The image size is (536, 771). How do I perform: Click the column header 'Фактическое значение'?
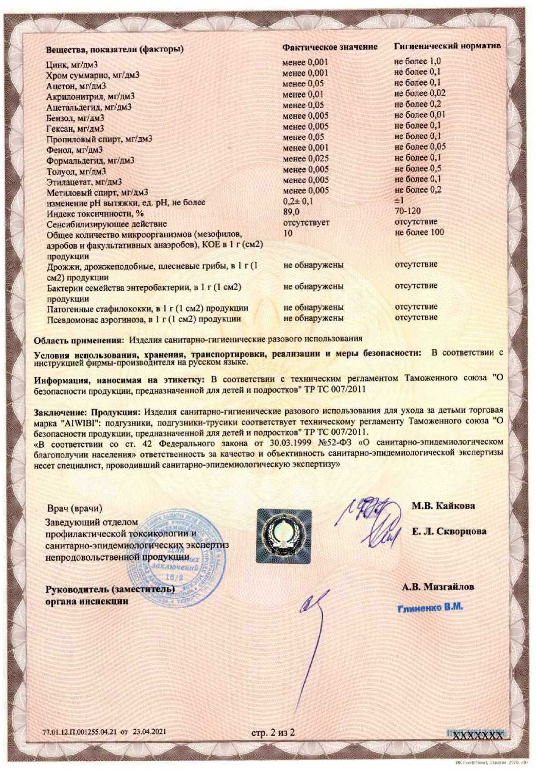click(x=330, y=47)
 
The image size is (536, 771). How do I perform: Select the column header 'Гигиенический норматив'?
click(x=447, y=46)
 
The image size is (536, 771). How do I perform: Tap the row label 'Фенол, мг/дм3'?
click(x=75, y=150)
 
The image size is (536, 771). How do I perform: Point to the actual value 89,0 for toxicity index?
click(x=291, y=212)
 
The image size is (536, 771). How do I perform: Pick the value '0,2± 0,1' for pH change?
click(x=299, y=201)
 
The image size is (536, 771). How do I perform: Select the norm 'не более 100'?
click(x=419, y=232)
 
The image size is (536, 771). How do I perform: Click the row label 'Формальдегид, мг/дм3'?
click(x=90, y=160)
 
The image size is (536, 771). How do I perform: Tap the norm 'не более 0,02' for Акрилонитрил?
click(x=420, y=94)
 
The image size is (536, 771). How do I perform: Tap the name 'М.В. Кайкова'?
click(x=443, y=506)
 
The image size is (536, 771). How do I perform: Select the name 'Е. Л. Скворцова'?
click(x=449, y=531)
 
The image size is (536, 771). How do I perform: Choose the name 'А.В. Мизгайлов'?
click(x=438, y=586)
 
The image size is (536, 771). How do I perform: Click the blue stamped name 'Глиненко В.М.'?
click(x=431, y=607)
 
